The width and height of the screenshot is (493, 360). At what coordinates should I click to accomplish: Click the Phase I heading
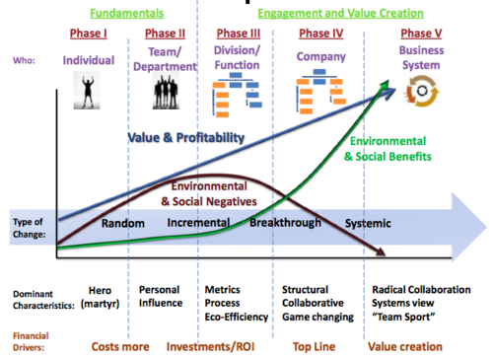coord(89,34)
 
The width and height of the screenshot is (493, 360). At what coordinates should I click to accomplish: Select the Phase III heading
coord(239,34)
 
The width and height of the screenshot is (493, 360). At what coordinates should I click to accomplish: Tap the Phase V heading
coord(421,34)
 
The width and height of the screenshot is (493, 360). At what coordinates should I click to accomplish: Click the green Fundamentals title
coord(127,13)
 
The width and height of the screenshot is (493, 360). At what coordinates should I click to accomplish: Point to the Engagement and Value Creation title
coord(340,13)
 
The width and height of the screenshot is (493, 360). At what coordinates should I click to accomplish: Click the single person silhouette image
coord(87,91)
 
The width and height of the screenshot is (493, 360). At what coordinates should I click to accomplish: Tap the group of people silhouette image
coord(166,91)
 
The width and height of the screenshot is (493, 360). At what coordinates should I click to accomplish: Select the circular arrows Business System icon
coord(422,91)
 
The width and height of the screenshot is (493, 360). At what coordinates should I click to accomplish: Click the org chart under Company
coord(321,91)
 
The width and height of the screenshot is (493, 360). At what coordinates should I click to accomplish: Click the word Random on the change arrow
coord(123,223)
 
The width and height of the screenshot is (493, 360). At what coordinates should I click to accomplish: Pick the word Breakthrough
coord(285,223)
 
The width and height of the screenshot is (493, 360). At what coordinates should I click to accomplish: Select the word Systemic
coord(368,224)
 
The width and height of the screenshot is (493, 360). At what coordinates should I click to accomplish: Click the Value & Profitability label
coord(186,138)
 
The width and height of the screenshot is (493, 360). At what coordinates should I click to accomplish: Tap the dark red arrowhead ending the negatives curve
coord(382,252)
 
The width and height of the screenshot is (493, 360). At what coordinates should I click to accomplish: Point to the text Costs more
coord(120,346)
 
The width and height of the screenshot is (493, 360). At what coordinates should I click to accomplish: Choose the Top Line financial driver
coord(314,346)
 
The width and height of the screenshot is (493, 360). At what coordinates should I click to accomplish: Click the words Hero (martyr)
coord(101,297)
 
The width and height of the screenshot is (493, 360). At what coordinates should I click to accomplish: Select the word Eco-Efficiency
coord(237,317)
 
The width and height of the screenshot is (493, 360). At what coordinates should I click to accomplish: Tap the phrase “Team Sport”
coord(403,317)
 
